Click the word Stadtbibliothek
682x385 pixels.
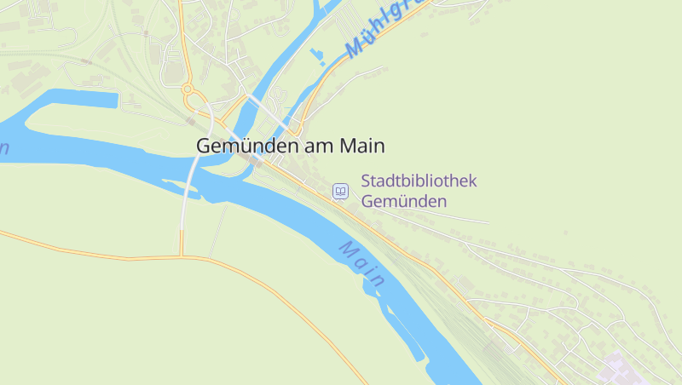pyautogui.click(x=419, y=181)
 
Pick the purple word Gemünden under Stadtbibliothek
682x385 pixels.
pyautogui.click(x=404, y=202)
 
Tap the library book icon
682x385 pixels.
pyautogui.click(x=340, y=192)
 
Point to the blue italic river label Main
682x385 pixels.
pyautogui.click(x=363, y=263)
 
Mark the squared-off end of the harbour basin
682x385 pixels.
pyautogui.click(x=113, y=99)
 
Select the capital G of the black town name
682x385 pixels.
pyautogui.click(x=204, y=146)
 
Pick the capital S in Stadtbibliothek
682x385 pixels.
pyautogui.click(x=367, y=181)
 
